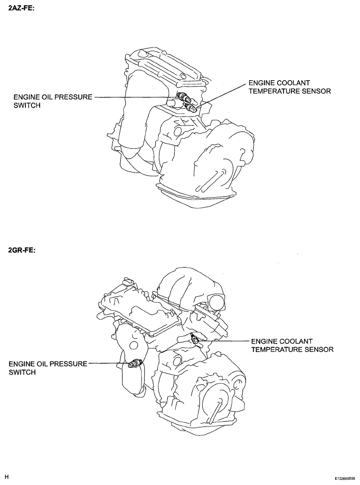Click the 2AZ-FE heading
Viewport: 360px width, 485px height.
point(21,8)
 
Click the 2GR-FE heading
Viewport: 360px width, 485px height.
point(22,250)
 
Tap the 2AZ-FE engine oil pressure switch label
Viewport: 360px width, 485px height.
point(53,101)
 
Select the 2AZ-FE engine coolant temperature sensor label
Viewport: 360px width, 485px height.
point(290,87)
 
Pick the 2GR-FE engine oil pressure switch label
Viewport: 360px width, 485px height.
point(48,368)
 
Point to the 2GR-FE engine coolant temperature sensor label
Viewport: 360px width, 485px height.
point(292,346)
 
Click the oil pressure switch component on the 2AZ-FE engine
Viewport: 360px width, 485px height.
point(183,97)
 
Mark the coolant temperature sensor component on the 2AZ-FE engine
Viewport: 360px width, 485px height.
point(190,107)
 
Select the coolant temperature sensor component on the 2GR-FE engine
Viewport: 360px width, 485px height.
point(194,339)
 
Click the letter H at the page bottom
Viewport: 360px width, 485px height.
point(6,477)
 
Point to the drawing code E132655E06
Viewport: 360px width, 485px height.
point(344,478)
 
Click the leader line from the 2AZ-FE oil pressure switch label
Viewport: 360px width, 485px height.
point(136,97)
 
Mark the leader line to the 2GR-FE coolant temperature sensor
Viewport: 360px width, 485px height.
point(224,341)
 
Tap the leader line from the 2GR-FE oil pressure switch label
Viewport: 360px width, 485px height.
point(108,364)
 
